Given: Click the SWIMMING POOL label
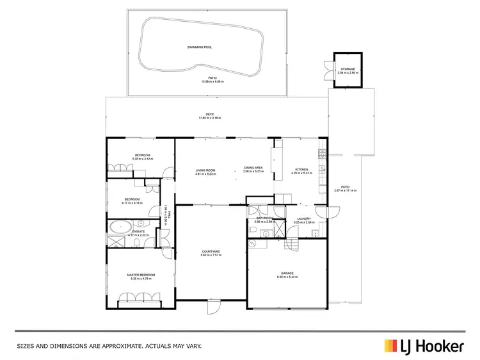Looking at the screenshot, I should click(x=199, y=47).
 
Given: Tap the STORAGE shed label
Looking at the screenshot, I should click(x=347, y=69).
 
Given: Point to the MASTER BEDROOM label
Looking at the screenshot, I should click(x=142, y=275).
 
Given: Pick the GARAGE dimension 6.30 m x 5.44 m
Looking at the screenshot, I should click(x=287, y=277).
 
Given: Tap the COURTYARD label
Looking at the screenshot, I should click(x=211, y=251).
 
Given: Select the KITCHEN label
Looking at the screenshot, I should click(x=301, y=170).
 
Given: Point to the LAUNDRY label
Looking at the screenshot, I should click(x=303, y=218).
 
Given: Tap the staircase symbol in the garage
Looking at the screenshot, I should click(x=291, y=244).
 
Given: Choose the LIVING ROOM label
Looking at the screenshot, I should click(x=206, y=170).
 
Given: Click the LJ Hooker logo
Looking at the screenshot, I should click(x=423, y=346).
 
